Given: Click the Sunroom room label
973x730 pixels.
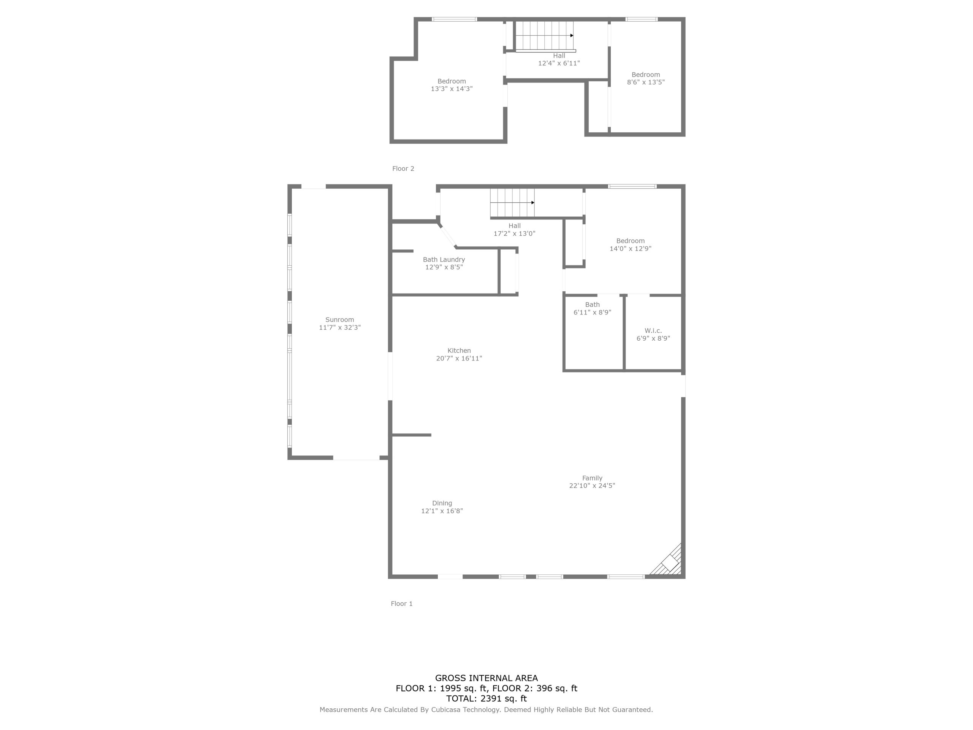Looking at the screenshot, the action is [x=339, y=320].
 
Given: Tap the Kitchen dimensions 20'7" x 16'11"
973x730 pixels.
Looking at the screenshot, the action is [x=459, y=358].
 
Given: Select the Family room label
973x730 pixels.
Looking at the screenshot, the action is [x=592, y=478].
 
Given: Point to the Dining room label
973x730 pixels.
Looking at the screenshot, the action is [x=442, y=503].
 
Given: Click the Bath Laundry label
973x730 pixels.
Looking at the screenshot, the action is [x=444, y=260].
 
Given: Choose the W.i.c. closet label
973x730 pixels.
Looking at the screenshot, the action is [x=653, y=330].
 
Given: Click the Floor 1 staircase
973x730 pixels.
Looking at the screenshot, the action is [x=512, y=203].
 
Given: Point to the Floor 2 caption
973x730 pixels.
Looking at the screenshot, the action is [x=403, y=168].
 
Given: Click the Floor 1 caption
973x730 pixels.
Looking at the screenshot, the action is [x=402, y=604].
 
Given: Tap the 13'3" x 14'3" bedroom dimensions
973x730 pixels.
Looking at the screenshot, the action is [x=452, y=89].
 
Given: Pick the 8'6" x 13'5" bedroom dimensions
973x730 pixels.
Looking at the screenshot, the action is [x=646, y=82].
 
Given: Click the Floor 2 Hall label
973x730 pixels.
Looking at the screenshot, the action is [x=559, y=56].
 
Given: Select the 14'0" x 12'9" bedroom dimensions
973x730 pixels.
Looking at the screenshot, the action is [x=630, y=248].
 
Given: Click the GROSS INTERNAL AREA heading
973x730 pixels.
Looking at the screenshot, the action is [x=486, y=678].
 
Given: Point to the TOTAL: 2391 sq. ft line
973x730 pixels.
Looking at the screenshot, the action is [x=486, y=698].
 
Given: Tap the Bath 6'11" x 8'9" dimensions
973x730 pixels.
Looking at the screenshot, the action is [x=593, y=313].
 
